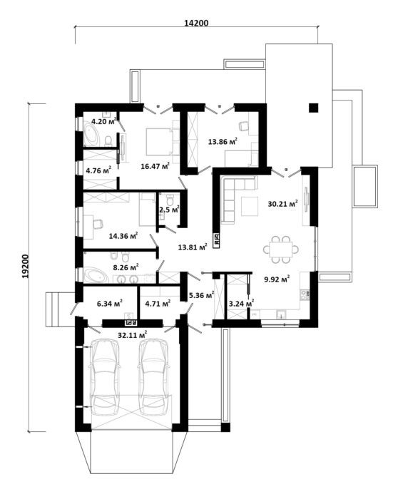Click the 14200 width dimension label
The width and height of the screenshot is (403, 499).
coord(196,23)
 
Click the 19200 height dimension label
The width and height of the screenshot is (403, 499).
coord(25,266)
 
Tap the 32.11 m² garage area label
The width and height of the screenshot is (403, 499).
coord(133,335)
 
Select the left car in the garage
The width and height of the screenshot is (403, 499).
coord(105,378)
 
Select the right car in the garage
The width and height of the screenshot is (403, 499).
coord(153,378)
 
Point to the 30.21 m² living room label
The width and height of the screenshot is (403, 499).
coord(282,204)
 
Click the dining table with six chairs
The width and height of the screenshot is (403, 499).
coord(281,249)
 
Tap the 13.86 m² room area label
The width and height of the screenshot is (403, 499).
coord(223,141)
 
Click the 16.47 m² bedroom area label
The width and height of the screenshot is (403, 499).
coord(155,166)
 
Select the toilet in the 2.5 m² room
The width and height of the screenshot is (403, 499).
coord(170,200)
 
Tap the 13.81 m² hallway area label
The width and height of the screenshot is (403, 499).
coord(193,247)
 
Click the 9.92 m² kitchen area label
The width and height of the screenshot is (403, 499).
coord(277,279)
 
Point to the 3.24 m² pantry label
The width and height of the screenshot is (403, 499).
coord(241,304)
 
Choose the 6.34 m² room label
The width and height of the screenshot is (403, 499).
coord(110,304)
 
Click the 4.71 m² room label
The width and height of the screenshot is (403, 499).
coord(158,304)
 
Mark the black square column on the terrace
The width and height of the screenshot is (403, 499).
coord(314,108)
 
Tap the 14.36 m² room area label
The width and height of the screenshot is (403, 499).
coord(123,236)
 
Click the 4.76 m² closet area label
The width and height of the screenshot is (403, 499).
coord(98,170)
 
